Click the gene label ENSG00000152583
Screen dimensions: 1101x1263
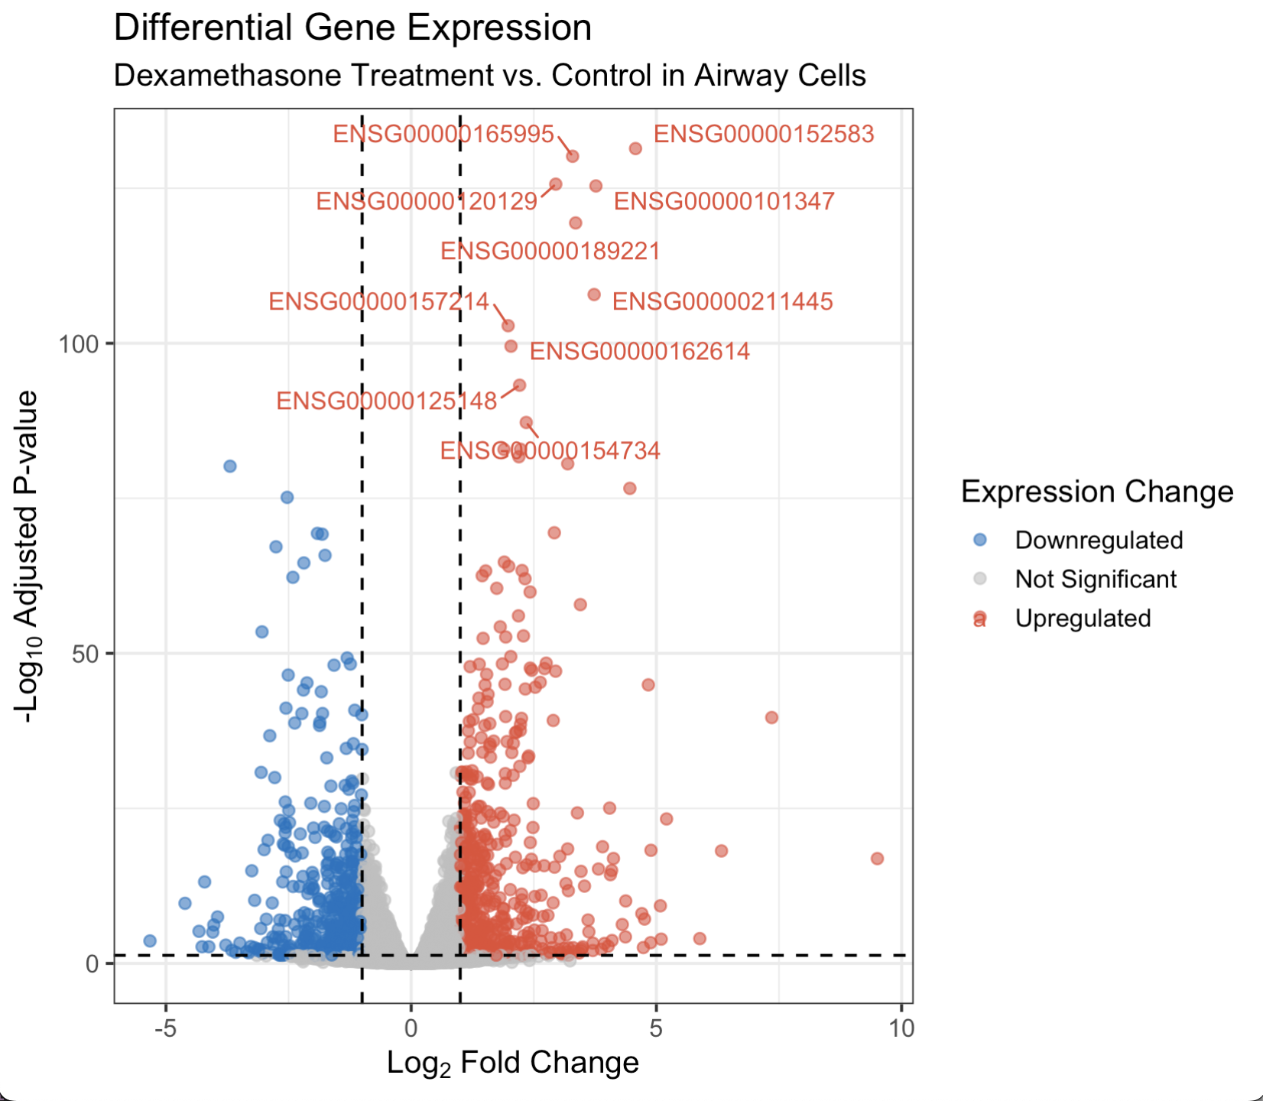pyautogui.click(x=763, y=135)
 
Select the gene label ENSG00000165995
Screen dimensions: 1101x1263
pyautogui.click(x=443, y=135)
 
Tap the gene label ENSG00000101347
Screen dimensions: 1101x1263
pyautogui.click(x=724, y=202)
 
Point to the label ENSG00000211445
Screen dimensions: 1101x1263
pyautogui.click(x=722, y=302)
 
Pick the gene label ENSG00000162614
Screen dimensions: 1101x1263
pyautogui.click(x=640, y=352)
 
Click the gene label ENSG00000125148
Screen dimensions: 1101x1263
pyautogui.click(x=386, y=401)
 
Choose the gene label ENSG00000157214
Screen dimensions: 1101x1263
pyautogui.click(x=378, y=302)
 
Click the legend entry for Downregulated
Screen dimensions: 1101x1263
pyautogui.click(x=1098, y=541)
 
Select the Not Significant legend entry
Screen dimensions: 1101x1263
pyautogui.click(x=1095, y=580)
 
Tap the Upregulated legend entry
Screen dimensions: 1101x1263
pyautogui.click(x=1082, y=619)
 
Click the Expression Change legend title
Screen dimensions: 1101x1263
pyautogui.click(x=1096, y=492)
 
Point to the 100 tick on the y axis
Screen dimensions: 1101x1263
pyautogui.click(x=80, y=344)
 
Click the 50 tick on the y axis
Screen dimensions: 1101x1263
pyautogui.click(x=86, y=654)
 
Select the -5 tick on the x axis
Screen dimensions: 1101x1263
pyautogui.click(x=166, y=1028)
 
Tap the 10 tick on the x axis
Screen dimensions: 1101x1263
pyautogui.click(x=901, y=1028)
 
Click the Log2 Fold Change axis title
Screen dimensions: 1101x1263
pyautogui.click(x=512, y=1063)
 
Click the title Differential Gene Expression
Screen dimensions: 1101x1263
pyautogui.click(x=352, y=28)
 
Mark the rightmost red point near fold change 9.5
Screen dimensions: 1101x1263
pyautogui.click(x=877, y=859)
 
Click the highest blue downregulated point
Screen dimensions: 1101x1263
pyautogui.click(x=229, y=466)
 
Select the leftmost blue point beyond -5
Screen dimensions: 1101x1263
pyautogui.click(x=150, y=941)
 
